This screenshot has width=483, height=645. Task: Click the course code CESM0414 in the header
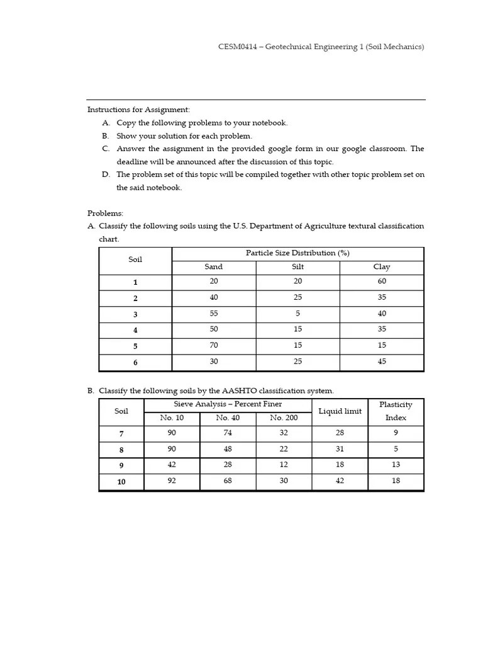coord(238,47)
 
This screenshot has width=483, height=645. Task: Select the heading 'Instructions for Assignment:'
coord(138,110)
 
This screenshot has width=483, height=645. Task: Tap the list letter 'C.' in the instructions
coord(106,149)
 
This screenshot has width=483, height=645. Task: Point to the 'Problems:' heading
coord(105,213)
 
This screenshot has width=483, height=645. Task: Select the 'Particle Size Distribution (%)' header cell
coord(297,253)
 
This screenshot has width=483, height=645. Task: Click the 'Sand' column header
coord(214,267)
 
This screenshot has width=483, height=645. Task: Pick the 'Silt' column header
coord(297,267)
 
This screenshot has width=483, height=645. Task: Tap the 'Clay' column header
coord(382,267)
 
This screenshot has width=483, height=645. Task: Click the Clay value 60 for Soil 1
coord(382,282)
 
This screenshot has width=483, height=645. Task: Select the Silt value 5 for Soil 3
coord(297,314)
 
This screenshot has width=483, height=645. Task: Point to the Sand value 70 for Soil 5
coord(214,345)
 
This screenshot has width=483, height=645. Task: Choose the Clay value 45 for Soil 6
coord(382,362)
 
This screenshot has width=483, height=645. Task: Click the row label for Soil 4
coord(135,330)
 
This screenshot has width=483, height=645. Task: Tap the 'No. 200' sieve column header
coord(284,418)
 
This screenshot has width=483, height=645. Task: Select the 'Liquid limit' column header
coord(340,411)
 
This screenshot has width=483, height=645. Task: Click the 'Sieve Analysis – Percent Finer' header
coord(228,404)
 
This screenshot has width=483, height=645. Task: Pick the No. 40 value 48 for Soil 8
coord(228,449)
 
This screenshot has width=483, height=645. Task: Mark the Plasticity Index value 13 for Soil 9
coord(396,465)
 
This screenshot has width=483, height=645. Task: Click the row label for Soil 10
coord(121,482)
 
